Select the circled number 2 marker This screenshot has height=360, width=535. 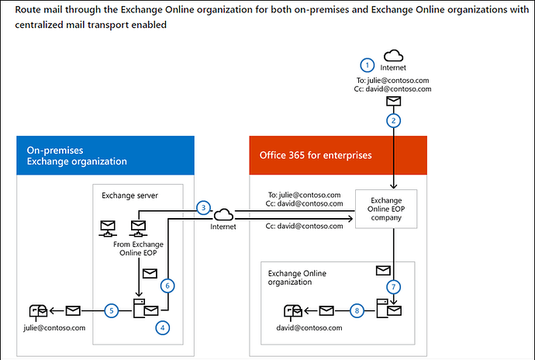pos(394,121)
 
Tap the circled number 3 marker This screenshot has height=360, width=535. pos(202,208)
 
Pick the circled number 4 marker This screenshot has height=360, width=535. pos(162,327)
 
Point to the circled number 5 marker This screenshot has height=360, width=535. pos(112,310)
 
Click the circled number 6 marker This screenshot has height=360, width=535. pos(167,286)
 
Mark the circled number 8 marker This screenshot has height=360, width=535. pos(357,310)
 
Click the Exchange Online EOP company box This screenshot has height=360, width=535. pos(385,208)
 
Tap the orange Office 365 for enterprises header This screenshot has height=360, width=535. pos(338,156)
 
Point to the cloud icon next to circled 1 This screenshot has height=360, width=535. pos(393,55)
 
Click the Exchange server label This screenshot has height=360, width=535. pos(130,195)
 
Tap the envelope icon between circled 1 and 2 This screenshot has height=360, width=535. pos(394,102)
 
